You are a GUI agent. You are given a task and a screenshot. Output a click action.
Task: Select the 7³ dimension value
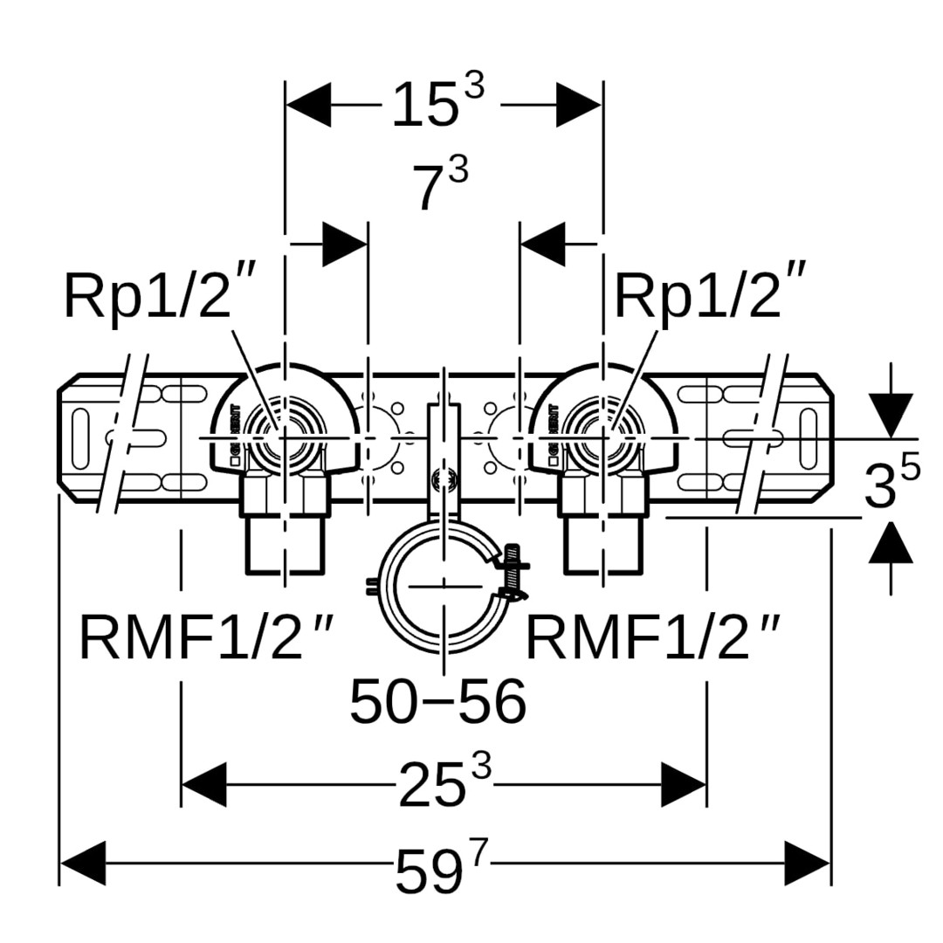(x=442, y=185)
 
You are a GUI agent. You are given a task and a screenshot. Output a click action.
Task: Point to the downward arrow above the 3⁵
(x=891, y=415)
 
